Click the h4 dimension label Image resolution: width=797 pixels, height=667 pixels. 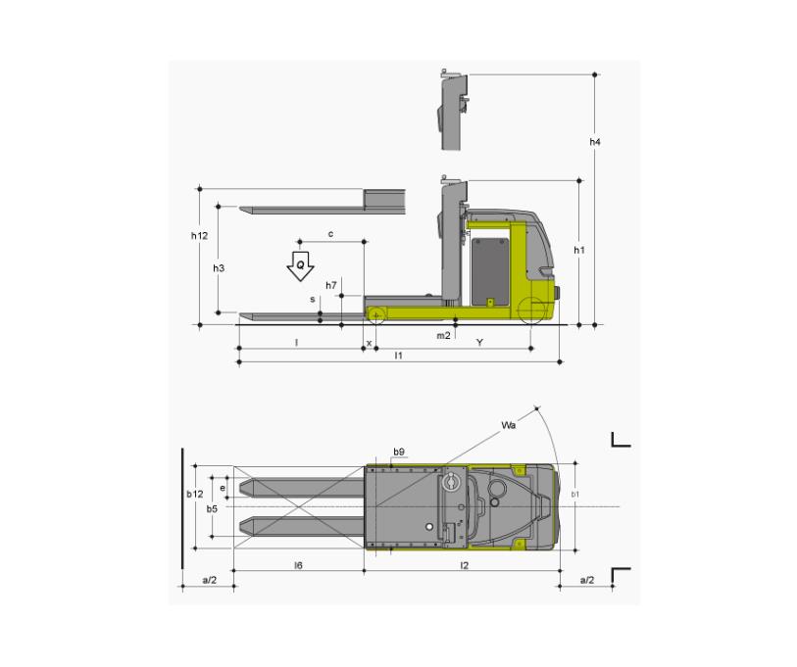click(595, 142)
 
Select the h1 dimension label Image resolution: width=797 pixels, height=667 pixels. click(579, 250)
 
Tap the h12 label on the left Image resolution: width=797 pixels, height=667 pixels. click(199, 236)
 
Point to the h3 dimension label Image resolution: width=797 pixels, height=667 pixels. click(219, 268)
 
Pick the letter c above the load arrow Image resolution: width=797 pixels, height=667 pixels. click(331, 234)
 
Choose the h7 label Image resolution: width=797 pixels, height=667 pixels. click(331, 285)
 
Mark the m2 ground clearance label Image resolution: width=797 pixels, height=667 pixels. click(443, 336)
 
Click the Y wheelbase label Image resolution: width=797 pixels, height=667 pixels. click(479, 343)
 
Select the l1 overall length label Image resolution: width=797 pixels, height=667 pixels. click(399, 356)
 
